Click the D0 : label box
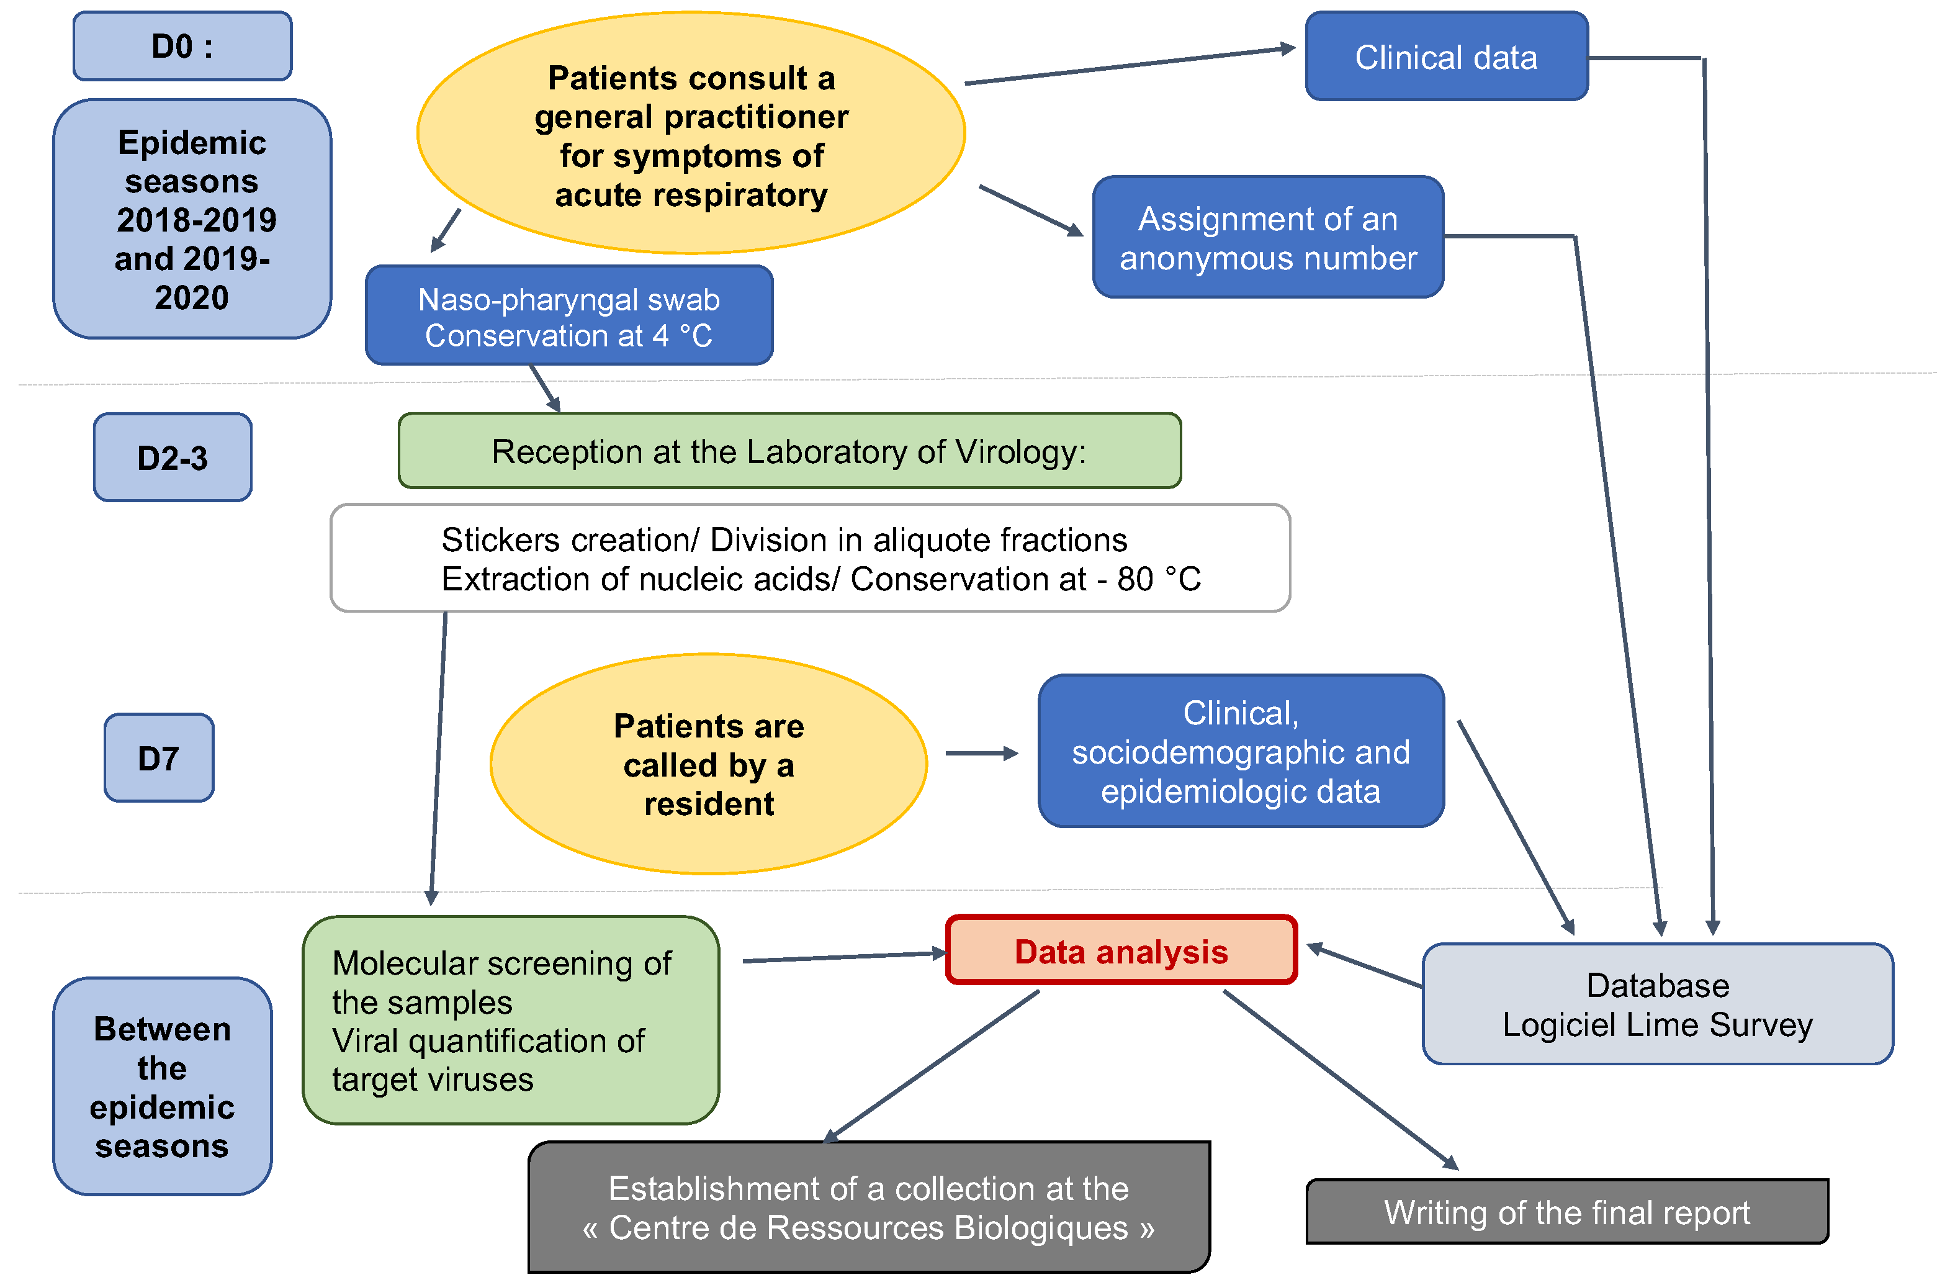tap(182, 46)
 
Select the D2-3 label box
tap(172, 458)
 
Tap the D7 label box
tap(159, 758)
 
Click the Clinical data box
tap(1446, 56)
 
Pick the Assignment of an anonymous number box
tap(1267, 238)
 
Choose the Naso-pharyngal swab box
tap(568, 315)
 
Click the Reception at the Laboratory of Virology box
tap(789, 451)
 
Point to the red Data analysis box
tap(1121, 950)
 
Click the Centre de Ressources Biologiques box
tap(868, 1208)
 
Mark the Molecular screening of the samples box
tap(510, 1021)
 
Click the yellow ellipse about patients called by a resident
tap(709, 764)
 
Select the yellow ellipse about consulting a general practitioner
tap(691, 133)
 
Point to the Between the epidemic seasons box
tap(162, 1087)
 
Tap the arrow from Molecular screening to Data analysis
tap(844, 957)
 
